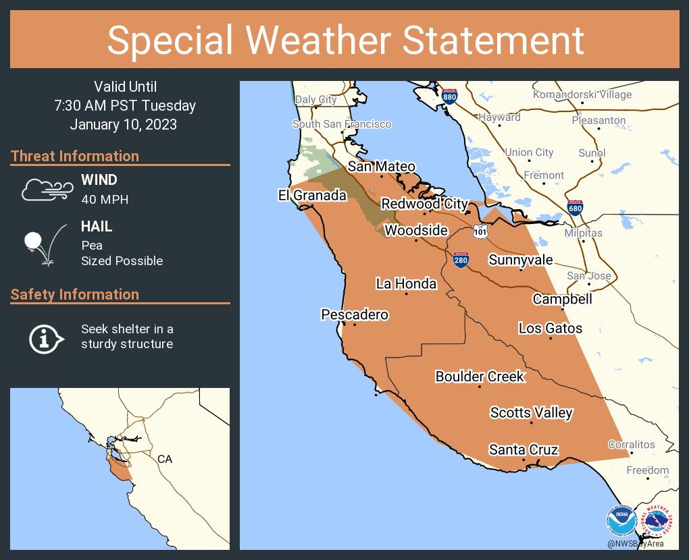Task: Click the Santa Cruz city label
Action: (524, 449)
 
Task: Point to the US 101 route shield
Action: (480, 231)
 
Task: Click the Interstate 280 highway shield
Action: (460, 260)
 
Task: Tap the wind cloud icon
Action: (46, 190)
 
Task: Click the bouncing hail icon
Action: (45, 244)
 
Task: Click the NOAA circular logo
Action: (621, 521)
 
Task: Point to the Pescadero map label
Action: (355, 314)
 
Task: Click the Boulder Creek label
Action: (480, 376)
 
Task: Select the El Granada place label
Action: (312, 196)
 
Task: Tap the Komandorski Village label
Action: (582, 94)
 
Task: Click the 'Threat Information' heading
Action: (75, 156)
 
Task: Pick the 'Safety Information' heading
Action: (75, 294)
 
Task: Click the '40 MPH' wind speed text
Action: (105, 199)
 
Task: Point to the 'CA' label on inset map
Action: (165, 459)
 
